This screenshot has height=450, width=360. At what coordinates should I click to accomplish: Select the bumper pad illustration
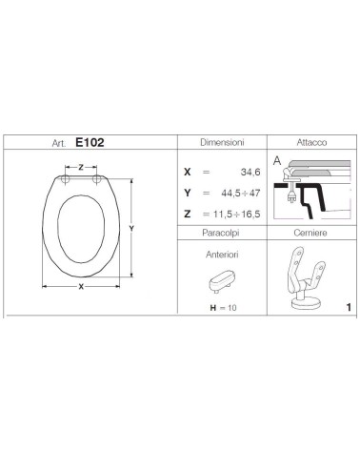coord(220,281)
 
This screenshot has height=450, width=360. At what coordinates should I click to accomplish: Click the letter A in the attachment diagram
coord(274,161)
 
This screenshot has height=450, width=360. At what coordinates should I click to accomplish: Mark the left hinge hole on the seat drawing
coord(67,179)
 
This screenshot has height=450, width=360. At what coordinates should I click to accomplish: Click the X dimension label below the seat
coord(83,285)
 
